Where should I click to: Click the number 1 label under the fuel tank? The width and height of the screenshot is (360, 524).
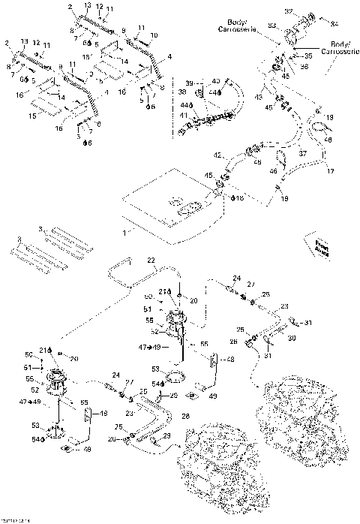pos(124,233)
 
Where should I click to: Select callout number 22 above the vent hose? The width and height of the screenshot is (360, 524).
pos(150,260)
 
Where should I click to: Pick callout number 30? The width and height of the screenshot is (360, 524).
pos(292,339)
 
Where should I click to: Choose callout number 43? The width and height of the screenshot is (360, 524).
pos(260,98)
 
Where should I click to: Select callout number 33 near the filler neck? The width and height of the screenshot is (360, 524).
pos(272,27)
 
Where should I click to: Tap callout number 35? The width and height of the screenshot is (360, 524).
pos(307,56)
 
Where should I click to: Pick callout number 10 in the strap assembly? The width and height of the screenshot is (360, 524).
pos(154,35)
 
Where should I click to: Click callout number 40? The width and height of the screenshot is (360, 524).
pos(215,81)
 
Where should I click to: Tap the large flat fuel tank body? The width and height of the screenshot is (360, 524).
pos(172,206)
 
